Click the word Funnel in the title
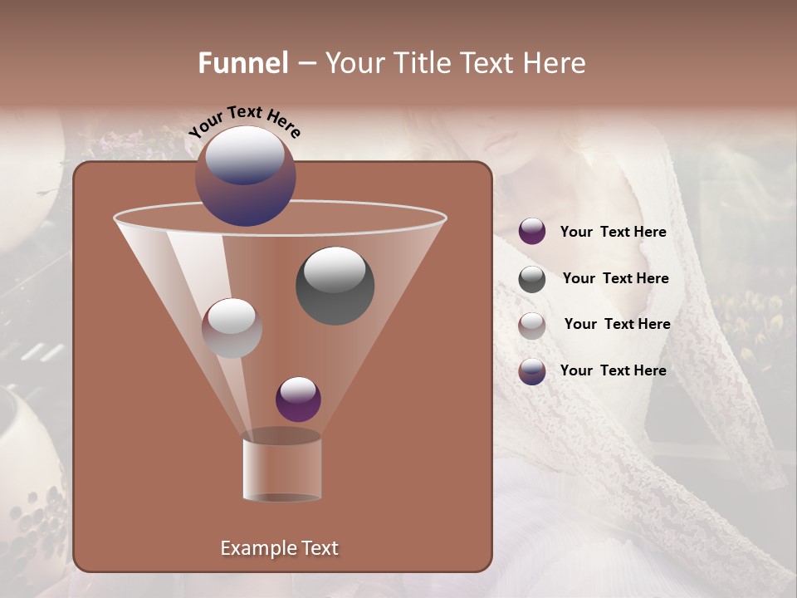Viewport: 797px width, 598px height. (x=242, y=63)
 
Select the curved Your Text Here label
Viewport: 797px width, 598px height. (x=244, y=121)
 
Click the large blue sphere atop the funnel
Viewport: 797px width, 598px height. (x=245, y=176)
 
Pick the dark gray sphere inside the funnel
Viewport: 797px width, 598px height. (x=335, y=286)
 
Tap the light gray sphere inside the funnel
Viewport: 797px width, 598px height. (x=232, y=328)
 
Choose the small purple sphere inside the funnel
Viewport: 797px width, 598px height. (x=298, y=399)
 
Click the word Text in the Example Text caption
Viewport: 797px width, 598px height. (x=320, y=548)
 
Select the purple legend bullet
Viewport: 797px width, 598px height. (x=532, y=232)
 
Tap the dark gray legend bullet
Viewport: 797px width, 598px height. (x=532, y=279)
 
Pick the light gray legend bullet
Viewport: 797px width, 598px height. (x=532, y=325)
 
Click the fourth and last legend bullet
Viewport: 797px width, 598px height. (x=532, y=371)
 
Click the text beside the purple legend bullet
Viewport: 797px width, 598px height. (x=613, y=233)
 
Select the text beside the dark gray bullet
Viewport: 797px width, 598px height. (x=615, y=279)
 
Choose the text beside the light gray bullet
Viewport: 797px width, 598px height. (x=617, y=325)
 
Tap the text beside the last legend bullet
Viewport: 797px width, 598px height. (x=613, y=370)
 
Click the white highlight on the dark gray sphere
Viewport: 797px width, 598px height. (x=335, y=269)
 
